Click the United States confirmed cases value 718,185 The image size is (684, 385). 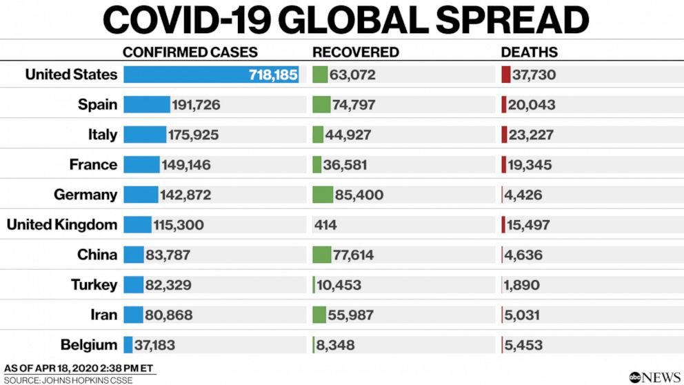272,75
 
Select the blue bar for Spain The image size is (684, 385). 146,105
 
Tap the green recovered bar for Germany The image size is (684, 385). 322,195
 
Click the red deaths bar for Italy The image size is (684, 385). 504,135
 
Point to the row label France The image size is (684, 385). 93,165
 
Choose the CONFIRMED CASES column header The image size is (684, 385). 190,52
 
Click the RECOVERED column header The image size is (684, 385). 355,52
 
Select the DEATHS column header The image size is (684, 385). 529,52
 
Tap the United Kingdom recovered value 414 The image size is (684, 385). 325,225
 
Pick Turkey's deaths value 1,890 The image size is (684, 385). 522,285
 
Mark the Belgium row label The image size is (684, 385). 88,345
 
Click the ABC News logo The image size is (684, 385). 654,377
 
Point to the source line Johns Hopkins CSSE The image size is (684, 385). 68,380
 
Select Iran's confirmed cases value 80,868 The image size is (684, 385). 169,315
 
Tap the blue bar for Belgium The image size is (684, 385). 128,345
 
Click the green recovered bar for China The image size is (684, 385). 321,255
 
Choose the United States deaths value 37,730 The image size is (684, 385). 532,75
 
